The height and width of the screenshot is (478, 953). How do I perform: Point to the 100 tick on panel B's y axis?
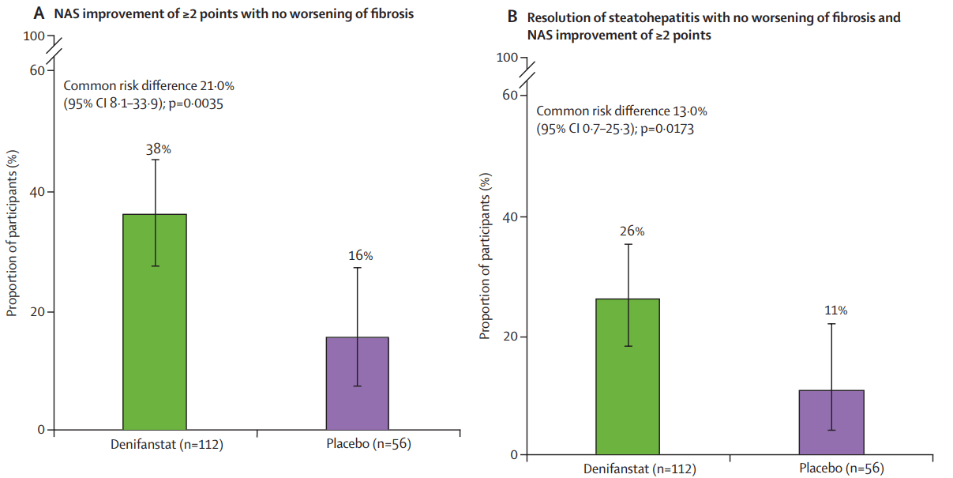[x=508, y=58]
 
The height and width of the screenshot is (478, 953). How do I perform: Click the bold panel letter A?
[x=38, y=13]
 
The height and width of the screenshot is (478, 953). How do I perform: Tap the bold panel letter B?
[x=512, y=17]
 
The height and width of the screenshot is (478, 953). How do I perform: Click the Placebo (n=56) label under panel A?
[x=368, y=445]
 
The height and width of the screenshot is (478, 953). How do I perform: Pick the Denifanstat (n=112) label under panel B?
[x=640, y=469]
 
